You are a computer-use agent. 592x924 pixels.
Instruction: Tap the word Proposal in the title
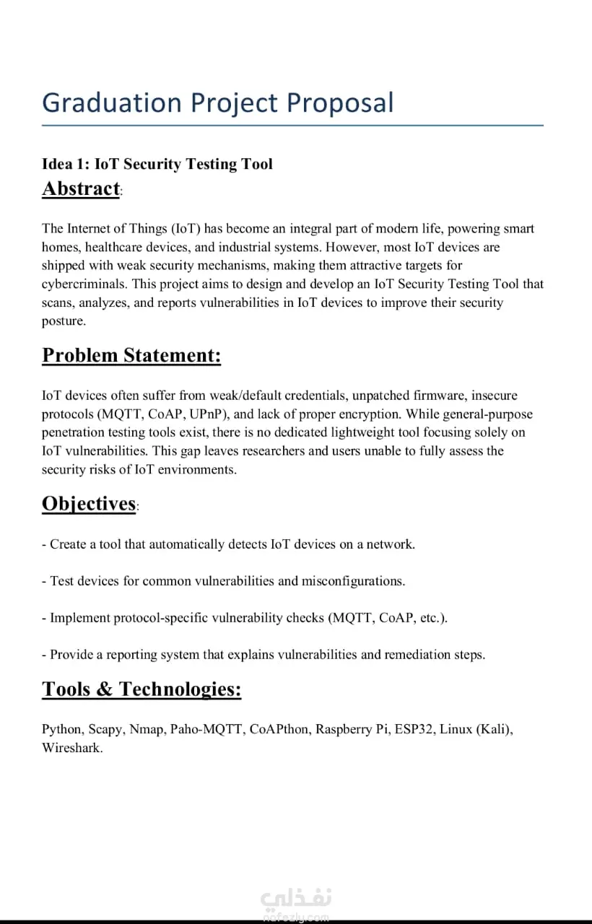(x=341, y=103)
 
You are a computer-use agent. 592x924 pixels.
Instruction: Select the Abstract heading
(x=81, y=188)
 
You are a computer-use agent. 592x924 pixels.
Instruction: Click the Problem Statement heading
(x=131, y=355)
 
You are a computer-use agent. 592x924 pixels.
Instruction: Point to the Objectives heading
(x=89, y=503)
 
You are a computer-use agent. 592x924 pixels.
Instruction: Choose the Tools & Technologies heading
(x=142, y=689)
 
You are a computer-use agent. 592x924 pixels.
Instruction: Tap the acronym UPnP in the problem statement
(x=209, y=414)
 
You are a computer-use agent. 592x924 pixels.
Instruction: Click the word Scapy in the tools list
(x=105, y=729)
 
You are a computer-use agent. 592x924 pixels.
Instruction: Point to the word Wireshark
(x=72, y=748)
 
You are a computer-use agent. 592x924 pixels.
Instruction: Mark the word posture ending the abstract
(x=64, y=321)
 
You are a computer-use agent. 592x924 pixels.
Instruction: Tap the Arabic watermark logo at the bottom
(x=296, y=899)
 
